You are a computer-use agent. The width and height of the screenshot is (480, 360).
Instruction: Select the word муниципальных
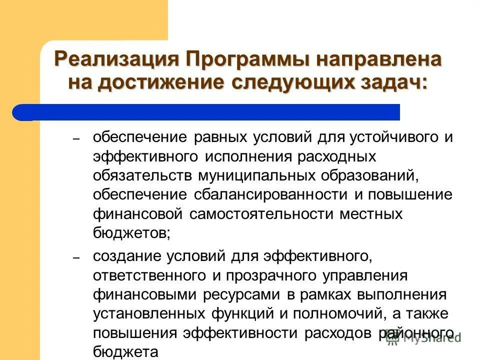point(257,175)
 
